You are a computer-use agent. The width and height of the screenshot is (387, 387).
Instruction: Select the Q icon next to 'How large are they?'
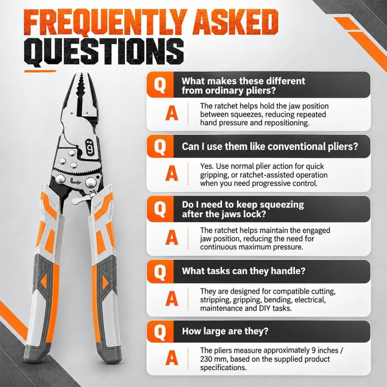pyautogui.click(x=160, y=332)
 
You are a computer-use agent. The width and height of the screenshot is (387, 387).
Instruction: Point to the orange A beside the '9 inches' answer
pyautogui.click(x=172, y=359)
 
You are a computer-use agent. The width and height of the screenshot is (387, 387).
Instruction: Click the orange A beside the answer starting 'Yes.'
pyautogui.click(x=172, y=174)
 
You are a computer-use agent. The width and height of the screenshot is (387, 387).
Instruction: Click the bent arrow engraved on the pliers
pyautogui.click(x=75, y=182)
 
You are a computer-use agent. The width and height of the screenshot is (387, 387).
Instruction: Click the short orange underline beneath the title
pyautogui.click(x=40, y=71)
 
